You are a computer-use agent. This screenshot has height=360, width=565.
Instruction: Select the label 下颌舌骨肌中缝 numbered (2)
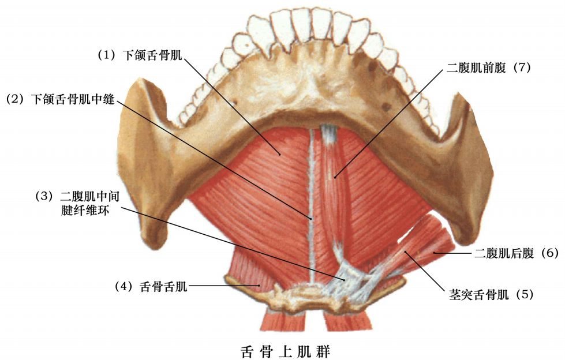tap(75, 99)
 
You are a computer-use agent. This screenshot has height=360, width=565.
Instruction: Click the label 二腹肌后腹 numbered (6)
tap(506, 253)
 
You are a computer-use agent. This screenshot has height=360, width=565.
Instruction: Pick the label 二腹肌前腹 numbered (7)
tap(476, 67)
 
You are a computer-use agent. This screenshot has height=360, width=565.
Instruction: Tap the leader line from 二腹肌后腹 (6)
tap(453, 253)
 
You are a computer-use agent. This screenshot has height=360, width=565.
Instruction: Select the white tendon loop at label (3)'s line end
tap(346, 277)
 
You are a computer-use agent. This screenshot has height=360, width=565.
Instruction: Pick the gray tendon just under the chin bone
tap(328, 134)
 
